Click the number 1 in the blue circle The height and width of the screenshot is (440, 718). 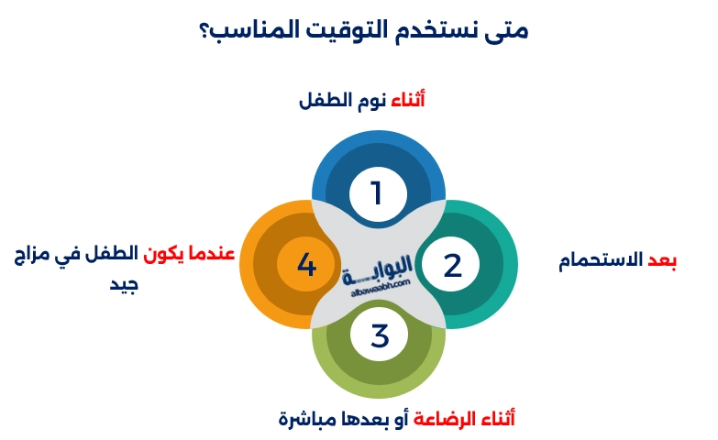(376, 193)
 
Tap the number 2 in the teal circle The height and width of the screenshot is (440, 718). (453, 265)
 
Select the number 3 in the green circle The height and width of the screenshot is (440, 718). (380, 335)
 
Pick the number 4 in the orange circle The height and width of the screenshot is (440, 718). (307, 265)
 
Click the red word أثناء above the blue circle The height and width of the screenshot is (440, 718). (408, 100)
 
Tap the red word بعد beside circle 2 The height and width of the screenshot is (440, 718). (662, 261)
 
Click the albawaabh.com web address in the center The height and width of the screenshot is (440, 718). (378, 292)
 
